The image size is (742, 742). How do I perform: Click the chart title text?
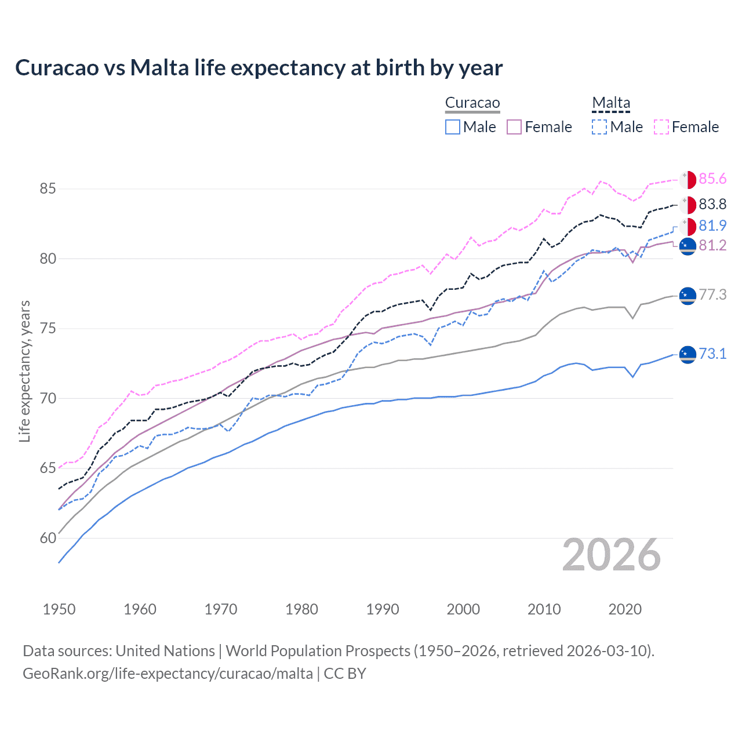pyautogui.click(x=259, y=68)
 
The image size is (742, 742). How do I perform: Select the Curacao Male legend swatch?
pyautogui.click(x=453, y=127)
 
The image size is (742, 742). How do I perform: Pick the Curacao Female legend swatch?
pyautogui.click(x=514, y=127)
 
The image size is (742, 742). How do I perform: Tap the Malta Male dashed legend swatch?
pyautogui.click(x=599, y=127)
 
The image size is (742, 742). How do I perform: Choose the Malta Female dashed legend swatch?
pyautogui.click(x=661, y=127)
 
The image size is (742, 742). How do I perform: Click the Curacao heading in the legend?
pyautogui.click(x=472, y=103)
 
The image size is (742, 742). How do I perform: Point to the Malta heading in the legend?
pyautogui.click(x=611, y=103)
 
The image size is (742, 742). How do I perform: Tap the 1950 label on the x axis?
pyautogui.click(x=59, y=609)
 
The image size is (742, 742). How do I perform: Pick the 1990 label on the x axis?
pyautogui.click(x=383, y=609)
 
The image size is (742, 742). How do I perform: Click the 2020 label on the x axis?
pyautogui.click(x=625, y=609)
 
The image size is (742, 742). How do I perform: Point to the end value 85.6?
pyautogui.click(x=712, y=179)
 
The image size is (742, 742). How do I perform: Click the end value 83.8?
pyautogui.click(x=712, y=204)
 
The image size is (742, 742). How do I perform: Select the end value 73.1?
pyautogui.click(x=712, y=354)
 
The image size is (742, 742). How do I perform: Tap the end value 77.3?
pyautogui.click(x=712, y=294)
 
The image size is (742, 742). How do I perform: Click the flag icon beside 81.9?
pyautogui.click(x=688, y=227)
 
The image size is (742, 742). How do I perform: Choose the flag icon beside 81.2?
pyautogui.click(x=688, y=246)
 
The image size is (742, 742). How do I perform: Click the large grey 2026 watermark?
pyautogui.click(x=612, y=555)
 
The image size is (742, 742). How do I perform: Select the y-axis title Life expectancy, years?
pyautogui.click(x=25, y=371)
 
